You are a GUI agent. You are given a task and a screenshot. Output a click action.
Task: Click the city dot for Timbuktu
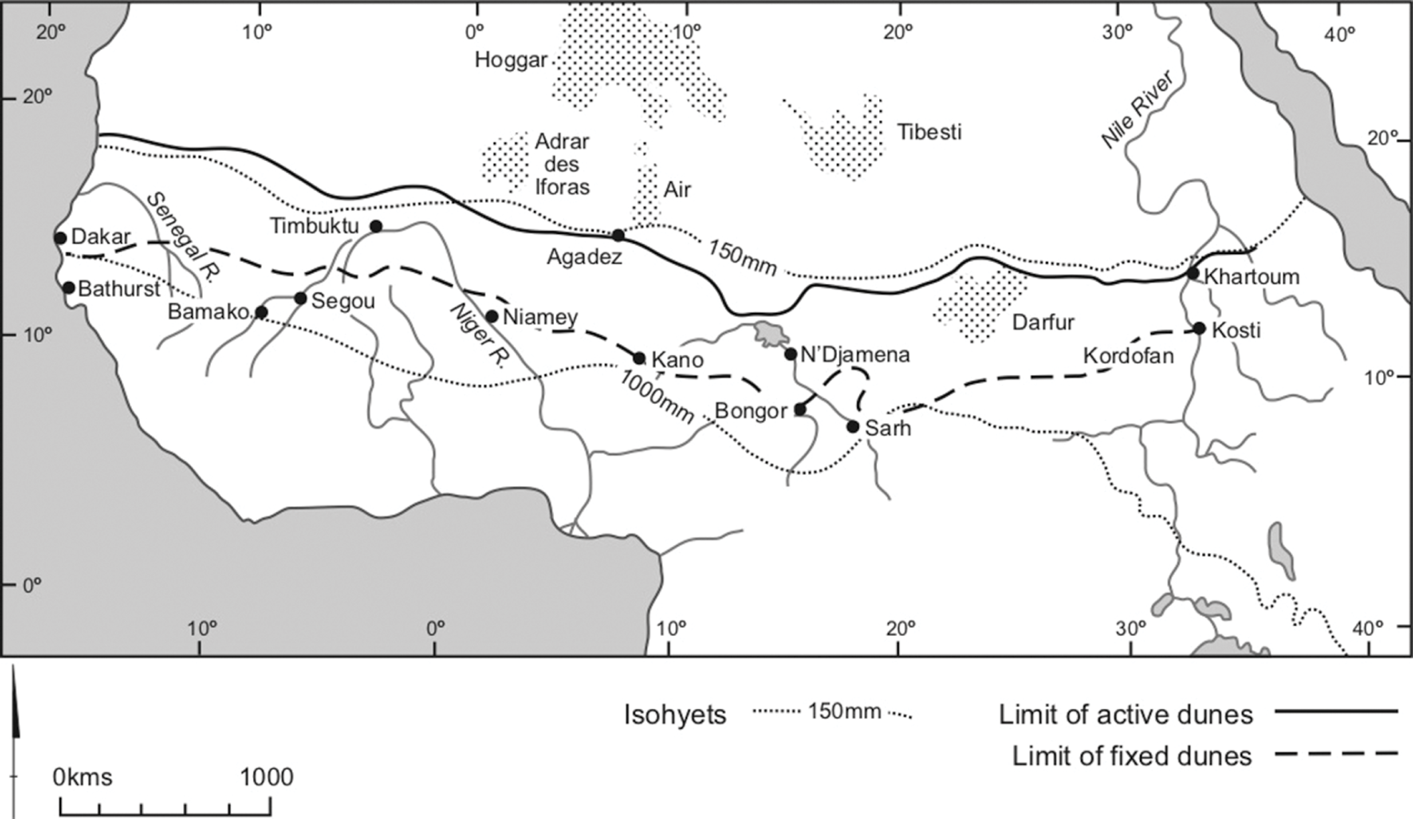[377, 227]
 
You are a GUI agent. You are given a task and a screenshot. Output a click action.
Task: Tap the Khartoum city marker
[1193, 273]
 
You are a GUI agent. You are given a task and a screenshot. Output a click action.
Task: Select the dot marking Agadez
[618, 235]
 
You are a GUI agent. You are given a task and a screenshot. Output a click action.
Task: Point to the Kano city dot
[639, 359]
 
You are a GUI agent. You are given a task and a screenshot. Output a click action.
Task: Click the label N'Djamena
[855, 355]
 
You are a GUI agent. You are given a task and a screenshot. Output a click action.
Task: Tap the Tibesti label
[929, 132]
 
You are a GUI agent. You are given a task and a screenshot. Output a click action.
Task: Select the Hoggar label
[511, 60]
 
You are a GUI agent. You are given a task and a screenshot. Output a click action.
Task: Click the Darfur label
[1042, 322]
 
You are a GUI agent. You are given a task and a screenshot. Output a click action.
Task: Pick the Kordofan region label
[1128, 356]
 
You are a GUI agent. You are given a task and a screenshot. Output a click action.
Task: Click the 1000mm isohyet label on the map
[655, 397]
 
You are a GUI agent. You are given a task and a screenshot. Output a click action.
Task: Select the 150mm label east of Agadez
[742, 258]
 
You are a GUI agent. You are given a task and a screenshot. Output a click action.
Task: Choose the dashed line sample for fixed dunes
[1336, 754]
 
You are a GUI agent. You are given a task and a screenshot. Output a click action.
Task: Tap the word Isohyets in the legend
[675, 715]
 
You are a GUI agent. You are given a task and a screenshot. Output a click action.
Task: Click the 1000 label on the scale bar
[267, 777]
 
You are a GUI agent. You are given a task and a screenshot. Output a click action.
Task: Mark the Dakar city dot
[60, 238]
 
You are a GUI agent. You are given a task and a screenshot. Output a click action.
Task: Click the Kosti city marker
[1199, 328]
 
